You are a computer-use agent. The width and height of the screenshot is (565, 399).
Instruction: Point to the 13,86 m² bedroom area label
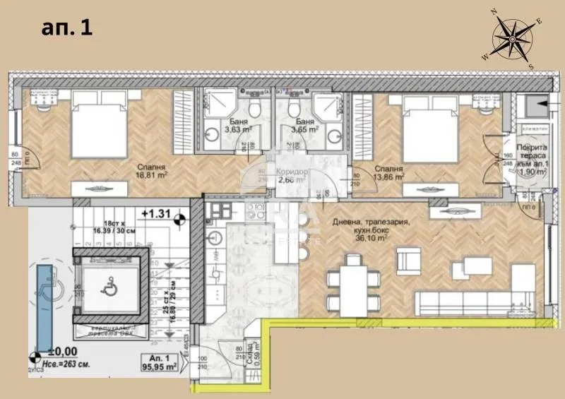coord(389,177)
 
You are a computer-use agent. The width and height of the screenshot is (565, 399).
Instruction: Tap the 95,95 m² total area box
coord(162,363)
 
